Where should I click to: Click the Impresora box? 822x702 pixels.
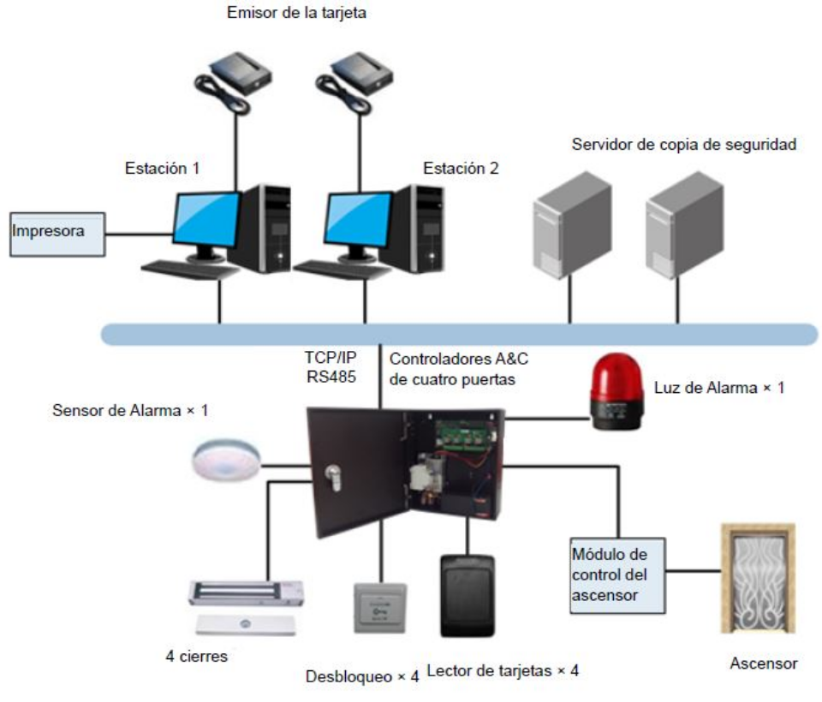pos(57,234)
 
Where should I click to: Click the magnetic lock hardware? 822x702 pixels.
pos(245,599)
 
